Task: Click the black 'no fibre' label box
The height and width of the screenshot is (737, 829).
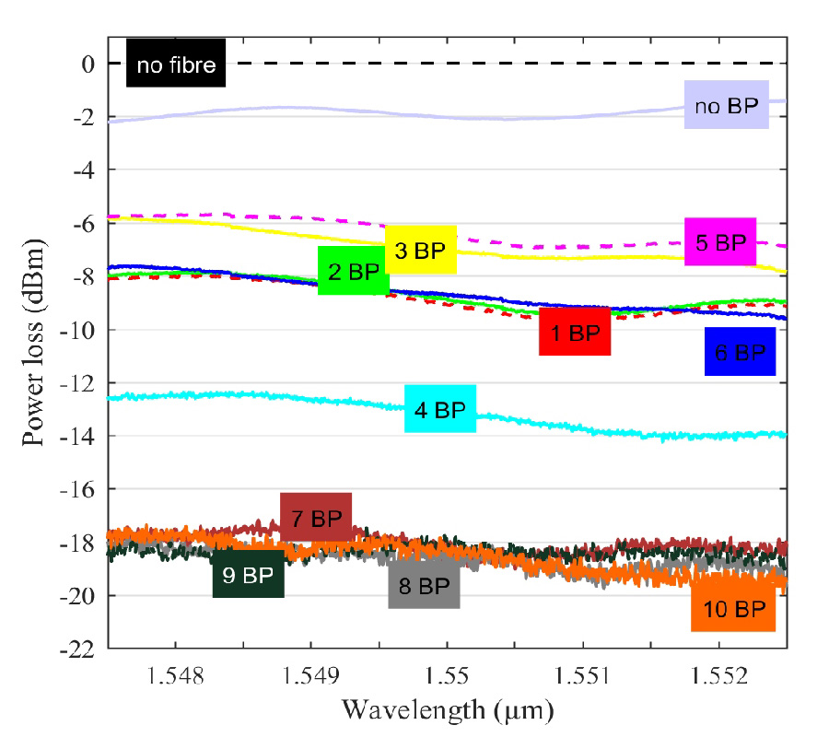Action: pyautogui.click(x=176, y=64)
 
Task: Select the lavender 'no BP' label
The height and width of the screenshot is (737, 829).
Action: pyautogui.click(x=726, y=104)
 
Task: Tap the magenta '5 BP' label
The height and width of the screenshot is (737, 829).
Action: pyautogui.click(x=719, y=242)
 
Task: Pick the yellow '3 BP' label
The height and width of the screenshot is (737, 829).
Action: pyautogui.click(x=420, y=249)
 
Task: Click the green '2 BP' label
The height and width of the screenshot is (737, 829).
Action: pyautogui.click(x=354, y=271)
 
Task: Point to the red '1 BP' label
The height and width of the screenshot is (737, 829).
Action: pyautogui.click(x=575, y=332)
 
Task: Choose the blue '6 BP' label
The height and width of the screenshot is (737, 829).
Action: pyautogui.click(x=740, y=351)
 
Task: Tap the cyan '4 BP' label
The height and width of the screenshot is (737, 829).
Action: pyautogui.click(x=440, y=409)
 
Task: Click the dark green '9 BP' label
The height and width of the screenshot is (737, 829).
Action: pyautogui.click(x=248, y=574)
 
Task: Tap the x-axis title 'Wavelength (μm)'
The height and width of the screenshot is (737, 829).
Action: pyautogui.click(x=448, y=710)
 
